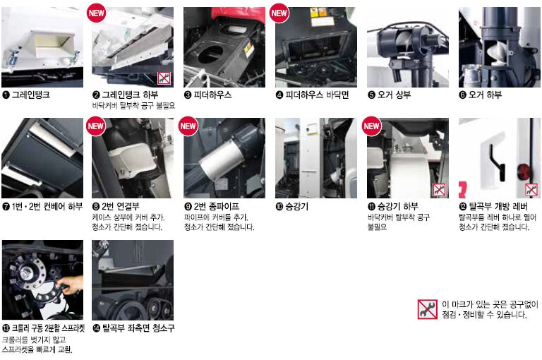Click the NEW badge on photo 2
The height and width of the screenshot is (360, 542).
(96, 13)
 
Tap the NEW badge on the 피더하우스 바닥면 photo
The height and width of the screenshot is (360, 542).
(279, 13)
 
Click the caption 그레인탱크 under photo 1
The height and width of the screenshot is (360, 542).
(31, 95)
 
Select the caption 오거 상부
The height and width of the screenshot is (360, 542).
(394, 95)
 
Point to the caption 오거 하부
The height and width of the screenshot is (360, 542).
(485, 95)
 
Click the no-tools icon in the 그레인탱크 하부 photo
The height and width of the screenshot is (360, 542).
(164, 78)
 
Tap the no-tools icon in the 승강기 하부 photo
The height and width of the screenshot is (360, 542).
(439, 189)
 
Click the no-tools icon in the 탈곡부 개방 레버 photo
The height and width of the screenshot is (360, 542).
(531, 189)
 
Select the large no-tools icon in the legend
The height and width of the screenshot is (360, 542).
(427, 309)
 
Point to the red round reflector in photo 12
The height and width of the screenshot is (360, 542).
(523, 172)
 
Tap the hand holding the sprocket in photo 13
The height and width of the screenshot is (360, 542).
(72, 284)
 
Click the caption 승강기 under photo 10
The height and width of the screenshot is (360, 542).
(296, 206)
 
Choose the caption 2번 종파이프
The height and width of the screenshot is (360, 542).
(217, 206)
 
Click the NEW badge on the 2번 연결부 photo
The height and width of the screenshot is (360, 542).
(96, 126)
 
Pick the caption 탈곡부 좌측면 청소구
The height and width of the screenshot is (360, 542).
(138, 328)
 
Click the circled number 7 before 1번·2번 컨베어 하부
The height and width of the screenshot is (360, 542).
(6, 207)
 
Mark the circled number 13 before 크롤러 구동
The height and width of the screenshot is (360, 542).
(6, 328)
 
